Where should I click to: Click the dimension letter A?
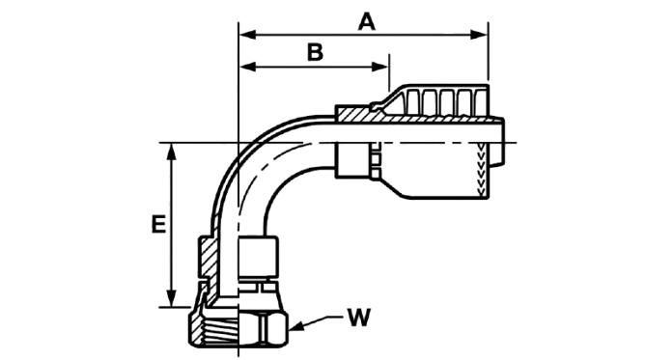pyautogui.click(x=367, y=22)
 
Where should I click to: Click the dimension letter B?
pyautogui.click(x=316, y=53)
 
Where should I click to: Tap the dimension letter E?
pyautogui.click(x=158, y=224)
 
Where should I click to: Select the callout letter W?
pyautogui.click(x=359, y=317)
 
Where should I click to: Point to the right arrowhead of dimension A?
pyautogui.click(x=479, y=35)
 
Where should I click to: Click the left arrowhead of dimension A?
pyautogui.click(x=247, y=35)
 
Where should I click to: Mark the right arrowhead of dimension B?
pyautogui.click(x=379, y=67)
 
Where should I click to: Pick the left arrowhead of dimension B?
pyautogui.click(x=247, y=67)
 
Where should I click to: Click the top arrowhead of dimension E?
pyautogui.click(x=172, y=152)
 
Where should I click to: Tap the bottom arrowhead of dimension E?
pyautogui.click(x=172, y=298)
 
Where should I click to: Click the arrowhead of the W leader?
pyautogui.click(x=296, y=327)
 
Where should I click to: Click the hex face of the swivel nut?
pyautogui.click(x=264, y=329)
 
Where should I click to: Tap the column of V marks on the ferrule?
pyautogui.click(x=480, y=169)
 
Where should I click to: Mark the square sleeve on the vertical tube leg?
pyautogui.click(x=259, y=256)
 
